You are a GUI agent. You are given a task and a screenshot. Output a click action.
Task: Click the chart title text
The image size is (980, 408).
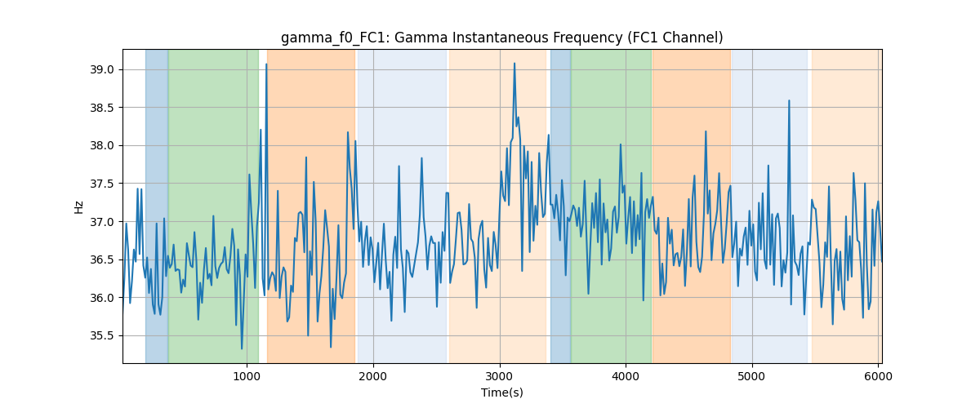tap(501, 38)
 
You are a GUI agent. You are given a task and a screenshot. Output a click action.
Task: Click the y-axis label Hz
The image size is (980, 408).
tap(78, 206)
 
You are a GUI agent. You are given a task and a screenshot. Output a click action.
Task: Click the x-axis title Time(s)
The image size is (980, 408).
tap(501, 392)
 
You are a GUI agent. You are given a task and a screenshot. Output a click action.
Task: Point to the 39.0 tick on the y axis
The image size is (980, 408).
tap(101, 70)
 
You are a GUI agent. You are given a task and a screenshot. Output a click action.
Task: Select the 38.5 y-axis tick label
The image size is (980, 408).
tap(101, 108)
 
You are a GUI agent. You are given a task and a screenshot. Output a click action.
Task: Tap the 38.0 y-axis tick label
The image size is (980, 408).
tap(101, 146)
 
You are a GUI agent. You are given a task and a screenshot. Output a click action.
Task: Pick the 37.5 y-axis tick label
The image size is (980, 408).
tap(101, 184)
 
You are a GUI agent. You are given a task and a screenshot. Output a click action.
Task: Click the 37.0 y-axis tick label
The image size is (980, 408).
tap(101, 222)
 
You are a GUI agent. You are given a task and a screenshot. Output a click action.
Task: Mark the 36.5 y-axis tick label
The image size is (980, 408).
tap(101, 260)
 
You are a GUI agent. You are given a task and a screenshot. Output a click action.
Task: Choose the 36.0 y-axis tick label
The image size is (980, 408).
tap(101, 298)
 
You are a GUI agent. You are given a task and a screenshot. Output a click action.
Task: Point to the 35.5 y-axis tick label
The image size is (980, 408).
tap(101, 336)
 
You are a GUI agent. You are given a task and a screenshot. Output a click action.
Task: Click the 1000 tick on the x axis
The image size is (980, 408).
tap(247, 376)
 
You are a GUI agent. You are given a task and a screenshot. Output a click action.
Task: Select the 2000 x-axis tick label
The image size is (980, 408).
tap(373, 376)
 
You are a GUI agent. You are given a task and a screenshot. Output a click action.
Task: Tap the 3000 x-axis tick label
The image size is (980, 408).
tap(500, 376)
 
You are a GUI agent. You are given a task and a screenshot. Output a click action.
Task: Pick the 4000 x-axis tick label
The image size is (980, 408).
tap(626, 376)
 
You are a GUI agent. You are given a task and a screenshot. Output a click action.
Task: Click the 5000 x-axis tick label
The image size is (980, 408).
tap(752, 376)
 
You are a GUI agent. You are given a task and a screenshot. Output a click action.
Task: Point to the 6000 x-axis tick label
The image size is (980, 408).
tap(878, 376)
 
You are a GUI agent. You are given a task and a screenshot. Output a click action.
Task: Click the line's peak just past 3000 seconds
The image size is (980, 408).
tap(514, 64)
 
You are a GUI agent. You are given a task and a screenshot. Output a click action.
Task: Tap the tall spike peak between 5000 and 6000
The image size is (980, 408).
tap(789, 100)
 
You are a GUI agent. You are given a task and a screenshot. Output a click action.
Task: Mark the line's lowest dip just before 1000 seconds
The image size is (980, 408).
tap(242, 348)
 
